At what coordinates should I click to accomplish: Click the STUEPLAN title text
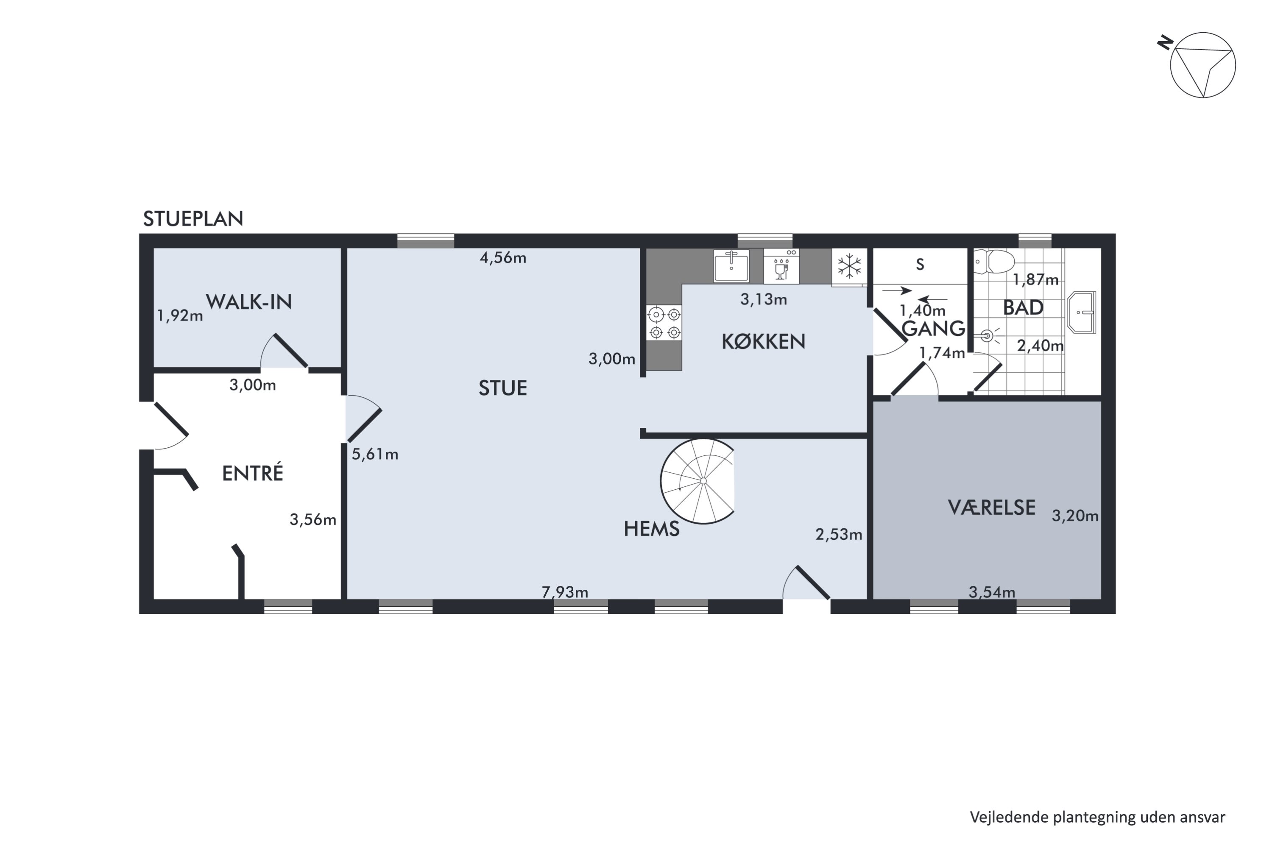point(193,218)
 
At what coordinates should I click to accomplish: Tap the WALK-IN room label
point(249,302)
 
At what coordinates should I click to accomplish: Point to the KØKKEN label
point(763,341)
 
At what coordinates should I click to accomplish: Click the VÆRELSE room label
point(991,507)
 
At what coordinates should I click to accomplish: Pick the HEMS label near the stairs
point(651,529)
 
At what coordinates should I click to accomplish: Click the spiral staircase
point(697,481)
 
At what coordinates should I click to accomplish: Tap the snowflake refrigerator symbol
point(849,266)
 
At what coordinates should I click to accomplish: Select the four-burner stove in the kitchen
point(664,323)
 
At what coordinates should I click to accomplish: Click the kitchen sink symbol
point(731,265)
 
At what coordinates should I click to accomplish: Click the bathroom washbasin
point(1081,312)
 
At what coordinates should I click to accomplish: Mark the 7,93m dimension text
point(565,592)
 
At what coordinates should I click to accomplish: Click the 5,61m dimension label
point(375,454)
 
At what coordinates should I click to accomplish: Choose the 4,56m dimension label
point(502,257)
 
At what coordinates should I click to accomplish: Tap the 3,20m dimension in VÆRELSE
point(1074,516)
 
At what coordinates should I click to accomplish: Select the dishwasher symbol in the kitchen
point(781,266)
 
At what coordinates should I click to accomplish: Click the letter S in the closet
point(920,265)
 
